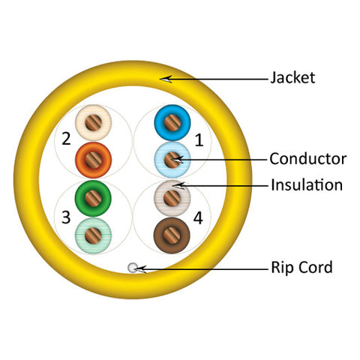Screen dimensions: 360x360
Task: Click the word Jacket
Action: coord(292,78)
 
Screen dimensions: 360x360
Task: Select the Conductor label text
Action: coord(308,159)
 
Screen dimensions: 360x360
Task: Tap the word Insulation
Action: coord(307,185)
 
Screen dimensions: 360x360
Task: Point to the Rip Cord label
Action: coord(301,267)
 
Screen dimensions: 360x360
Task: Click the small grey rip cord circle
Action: coord(133,268)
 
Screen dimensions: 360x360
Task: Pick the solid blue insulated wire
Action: coord(172,123)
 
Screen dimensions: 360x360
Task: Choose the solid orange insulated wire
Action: coord(93,160)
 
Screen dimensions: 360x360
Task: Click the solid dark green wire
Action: coord(93,199)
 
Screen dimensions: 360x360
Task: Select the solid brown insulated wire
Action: coord(172,235)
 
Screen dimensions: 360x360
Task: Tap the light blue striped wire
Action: coord(172,160)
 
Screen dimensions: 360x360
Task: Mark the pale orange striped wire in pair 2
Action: coord(93,123)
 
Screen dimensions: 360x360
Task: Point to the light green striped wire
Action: coord(93,235)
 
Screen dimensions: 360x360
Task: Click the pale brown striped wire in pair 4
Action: coord(172,199)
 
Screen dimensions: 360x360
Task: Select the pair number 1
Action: coord(199,140)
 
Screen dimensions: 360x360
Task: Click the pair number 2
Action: coord(66,139)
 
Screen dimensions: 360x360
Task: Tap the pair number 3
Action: coord(66,217)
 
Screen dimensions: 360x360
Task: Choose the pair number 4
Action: coord(198,218)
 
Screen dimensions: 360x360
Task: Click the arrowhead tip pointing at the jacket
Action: coord(160,79)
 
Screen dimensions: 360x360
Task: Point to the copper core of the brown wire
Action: coord(172,235)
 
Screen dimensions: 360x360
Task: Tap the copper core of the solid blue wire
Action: coord(172,123)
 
